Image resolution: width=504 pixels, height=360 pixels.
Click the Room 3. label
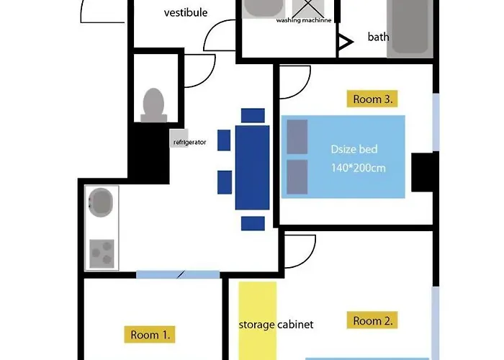372,99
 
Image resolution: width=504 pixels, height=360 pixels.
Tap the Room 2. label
372,320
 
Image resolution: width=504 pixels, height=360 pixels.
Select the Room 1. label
150,335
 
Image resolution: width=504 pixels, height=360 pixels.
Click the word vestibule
186,12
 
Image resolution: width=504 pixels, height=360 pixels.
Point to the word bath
378,37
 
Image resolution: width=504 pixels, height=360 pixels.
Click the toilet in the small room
153,105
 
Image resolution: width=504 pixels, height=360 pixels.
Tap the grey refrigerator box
179,138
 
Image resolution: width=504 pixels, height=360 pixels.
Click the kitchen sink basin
101,202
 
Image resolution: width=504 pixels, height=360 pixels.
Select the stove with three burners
102,253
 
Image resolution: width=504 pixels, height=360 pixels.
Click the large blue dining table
252,168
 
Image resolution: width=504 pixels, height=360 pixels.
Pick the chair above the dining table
253,116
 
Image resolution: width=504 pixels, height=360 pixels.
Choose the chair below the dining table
253,223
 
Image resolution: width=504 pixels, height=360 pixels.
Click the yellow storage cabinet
258,321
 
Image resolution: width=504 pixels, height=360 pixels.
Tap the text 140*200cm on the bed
358,168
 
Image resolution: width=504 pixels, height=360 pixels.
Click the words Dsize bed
354,149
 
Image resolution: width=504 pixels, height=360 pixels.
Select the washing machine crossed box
308,9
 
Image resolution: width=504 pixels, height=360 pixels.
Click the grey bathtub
410,28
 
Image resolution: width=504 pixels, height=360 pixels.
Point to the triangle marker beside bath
345,42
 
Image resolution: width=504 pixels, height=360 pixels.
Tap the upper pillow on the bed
297,137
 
